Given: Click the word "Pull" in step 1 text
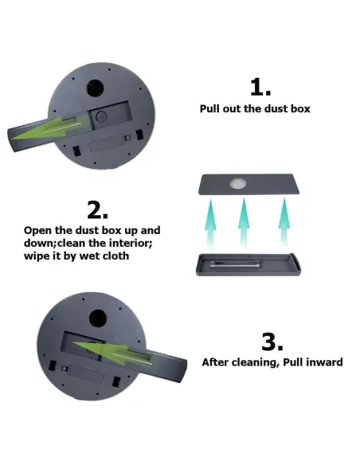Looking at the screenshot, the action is click(x=209, y=109).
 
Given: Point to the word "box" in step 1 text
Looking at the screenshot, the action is click(x=300, y=109).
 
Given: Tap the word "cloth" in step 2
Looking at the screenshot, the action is click(x=116, y=256).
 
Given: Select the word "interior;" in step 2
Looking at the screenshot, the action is click(x=131, y=243).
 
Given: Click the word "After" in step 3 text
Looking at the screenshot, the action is click(x=215, y=362).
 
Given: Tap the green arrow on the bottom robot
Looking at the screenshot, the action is click(x=112, y=352).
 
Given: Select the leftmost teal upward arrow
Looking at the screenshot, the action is click(x=210, y=224).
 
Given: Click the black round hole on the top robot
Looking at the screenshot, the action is click(x=95, y=88).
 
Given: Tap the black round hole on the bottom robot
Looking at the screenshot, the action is click(x=98, y=319).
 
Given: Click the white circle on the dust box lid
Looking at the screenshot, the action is click(x=238, y=184).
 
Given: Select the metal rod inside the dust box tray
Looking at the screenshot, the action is click(x=235, y=264).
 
